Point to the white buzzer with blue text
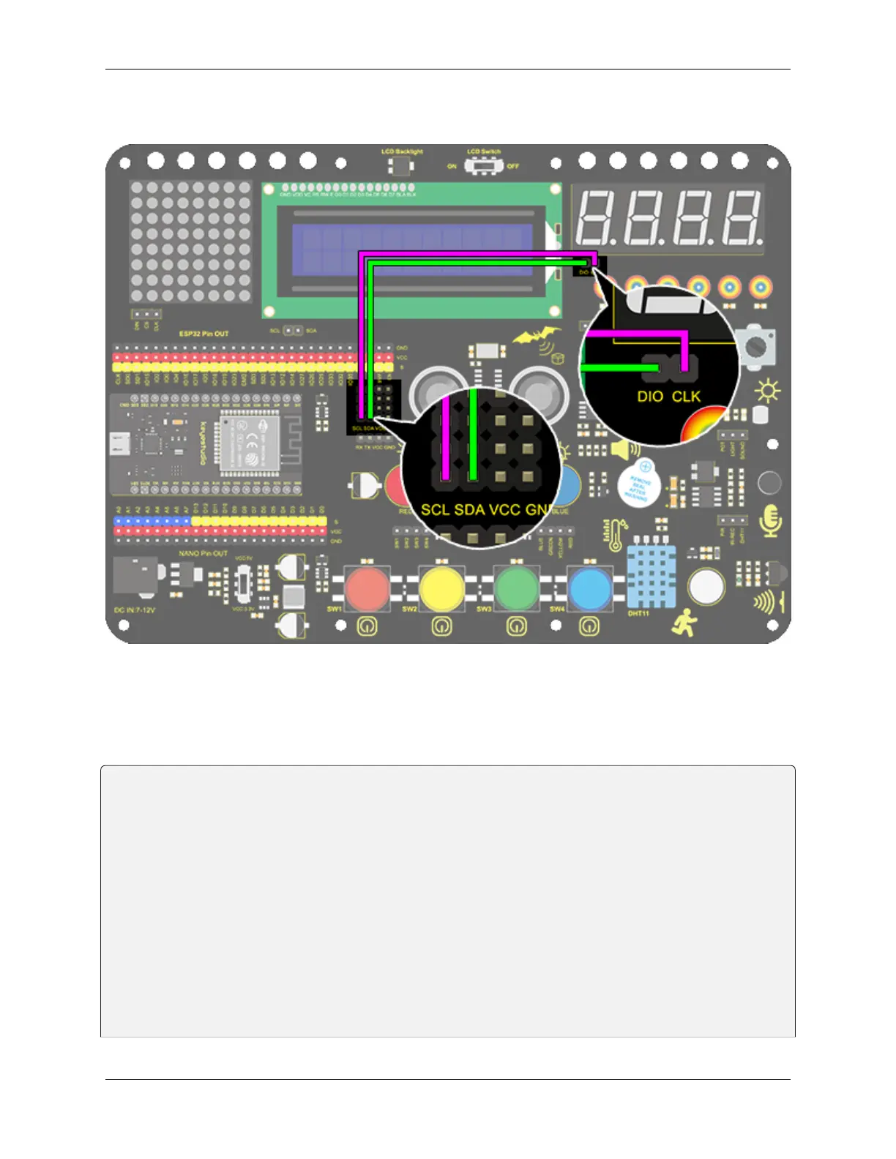[638, 484]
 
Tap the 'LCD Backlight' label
[402, 151]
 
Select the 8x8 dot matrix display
[190, 241]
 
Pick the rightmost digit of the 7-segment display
[741, 218]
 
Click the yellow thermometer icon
[616, 534]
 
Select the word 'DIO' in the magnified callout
[650, 397]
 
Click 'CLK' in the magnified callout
[686, 397]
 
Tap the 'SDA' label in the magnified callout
[469, 509]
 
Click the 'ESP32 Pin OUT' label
[204, 334]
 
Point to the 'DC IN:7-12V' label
[135, 609]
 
